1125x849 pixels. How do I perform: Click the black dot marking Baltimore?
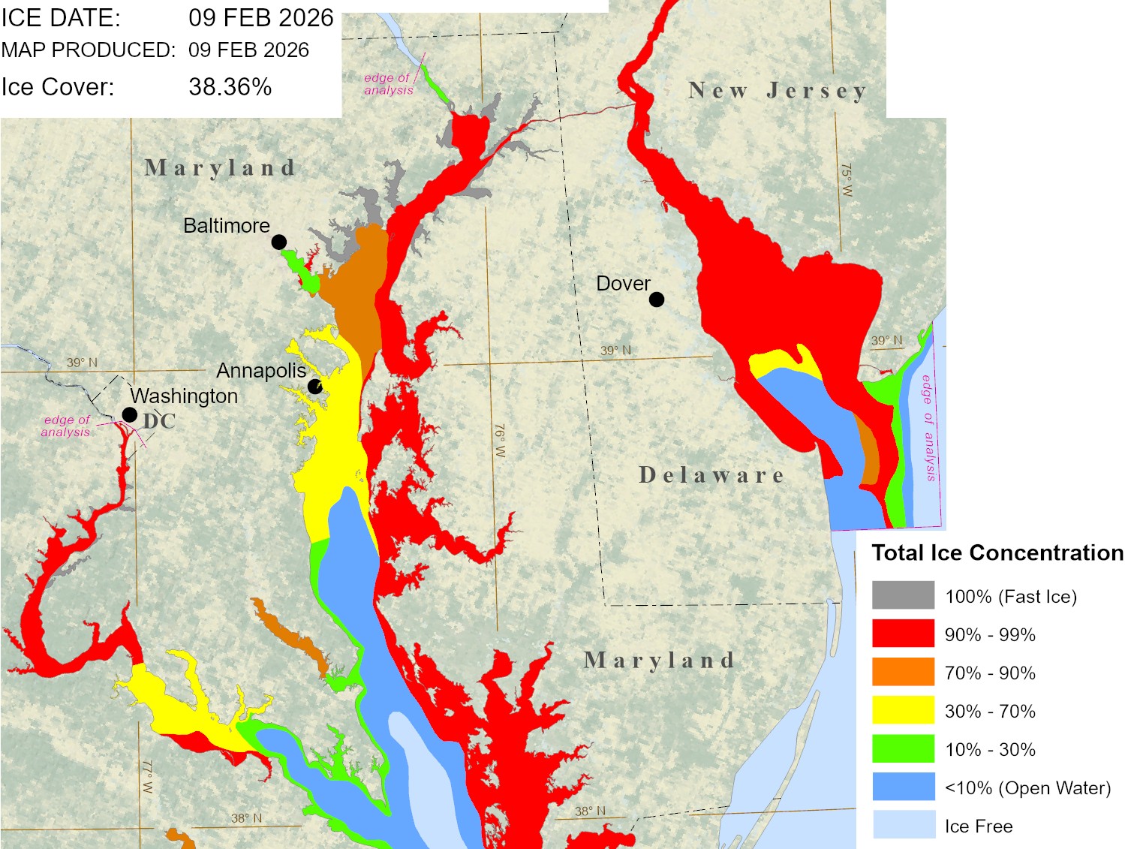278,242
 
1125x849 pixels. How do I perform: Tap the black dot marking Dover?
657,300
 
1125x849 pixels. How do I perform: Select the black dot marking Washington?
130,414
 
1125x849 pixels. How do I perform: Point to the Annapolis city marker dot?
315,387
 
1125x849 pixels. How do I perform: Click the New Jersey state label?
778,91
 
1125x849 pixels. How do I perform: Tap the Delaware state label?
711,475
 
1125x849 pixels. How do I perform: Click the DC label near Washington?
159,421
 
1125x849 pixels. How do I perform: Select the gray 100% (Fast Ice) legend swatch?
903,595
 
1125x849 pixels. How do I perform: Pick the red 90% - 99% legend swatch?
903,634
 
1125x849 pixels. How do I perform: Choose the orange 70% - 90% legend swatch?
903,672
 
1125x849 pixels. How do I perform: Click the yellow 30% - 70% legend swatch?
903,710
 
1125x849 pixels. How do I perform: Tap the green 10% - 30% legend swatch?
903,748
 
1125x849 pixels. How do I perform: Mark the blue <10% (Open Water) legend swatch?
903,787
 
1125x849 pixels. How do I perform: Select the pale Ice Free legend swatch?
903,825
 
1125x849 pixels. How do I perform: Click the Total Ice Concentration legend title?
997,553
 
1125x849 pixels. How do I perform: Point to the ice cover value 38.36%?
230,87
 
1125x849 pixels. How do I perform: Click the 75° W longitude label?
847,180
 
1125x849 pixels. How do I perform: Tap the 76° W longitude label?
500,441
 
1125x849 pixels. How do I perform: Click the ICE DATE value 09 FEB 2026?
260,18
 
